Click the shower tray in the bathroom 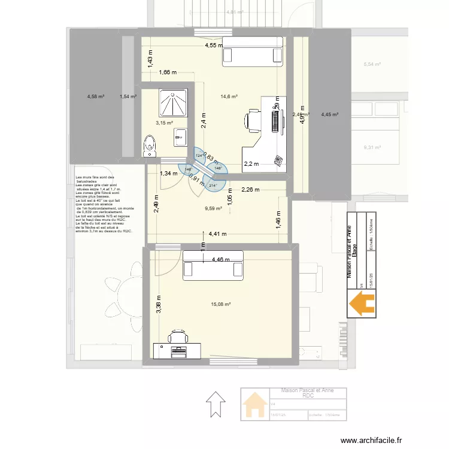pos(173,104)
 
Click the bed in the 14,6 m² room pos(252,50)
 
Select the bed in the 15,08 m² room pos(213,264)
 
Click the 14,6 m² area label pos(229,96)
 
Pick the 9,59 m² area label pos(213,209)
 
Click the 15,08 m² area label pos(222,304)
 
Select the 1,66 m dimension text pos(168,72)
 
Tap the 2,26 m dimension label pos(251,190)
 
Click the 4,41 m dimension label pos(217,234)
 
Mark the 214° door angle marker pos(213,186)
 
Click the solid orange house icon pos(362,303)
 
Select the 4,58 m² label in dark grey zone pos(96,96)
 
